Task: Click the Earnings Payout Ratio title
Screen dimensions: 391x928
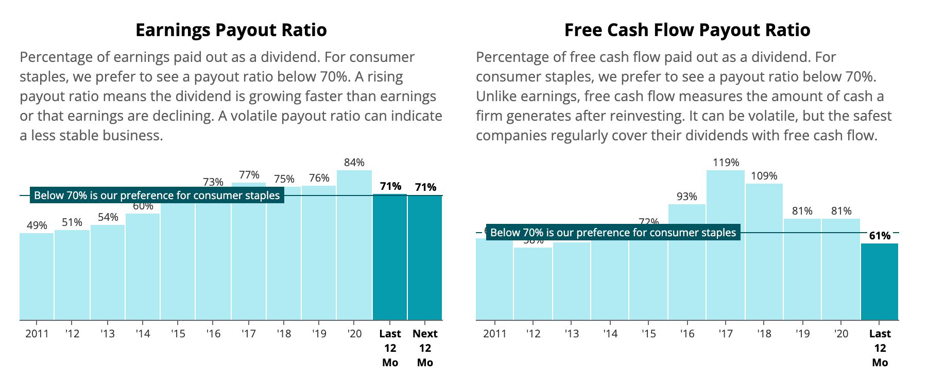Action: tap(231, 30)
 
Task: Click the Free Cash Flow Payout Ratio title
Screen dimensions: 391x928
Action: tap(687, 30)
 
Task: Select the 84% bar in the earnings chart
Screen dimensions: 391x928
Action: tap(354, 245)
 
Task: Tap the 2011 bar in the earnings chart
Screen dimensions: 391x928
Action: tap(37, 276)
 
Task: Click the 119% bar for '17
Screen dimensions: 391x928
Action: tap(725, 245)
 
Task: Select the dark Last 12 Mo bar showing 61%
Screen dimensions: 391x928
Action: tap(879, 281)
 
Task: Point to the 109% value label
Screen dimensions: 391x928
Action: tap(764, 176)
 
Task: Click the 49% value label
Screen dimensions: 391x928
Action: tap(37, 225)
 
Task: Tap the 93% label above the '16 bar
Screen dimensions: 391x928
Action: tap(687, 197)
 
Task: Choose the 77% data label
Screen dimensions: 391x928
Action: tap(249, 175)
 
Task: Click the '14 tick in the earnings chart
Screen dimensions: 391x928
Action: tap(143, 334)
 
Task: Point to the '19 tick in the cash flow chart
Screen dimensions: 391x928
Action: tap(802, 334)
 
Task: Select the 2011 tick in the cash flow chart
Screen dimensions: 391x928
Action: tap(494, 334)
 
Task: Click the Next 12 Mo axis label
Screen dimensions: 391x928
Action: tap(425, 348)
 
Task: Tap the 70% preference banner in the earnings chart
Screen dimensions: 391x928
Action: tap(157, 195)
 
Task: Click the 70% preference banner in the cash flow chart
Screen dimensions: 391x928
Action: tap(613, 233)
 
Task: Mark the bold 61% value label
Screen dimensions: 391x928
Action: tap(879, 236)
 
